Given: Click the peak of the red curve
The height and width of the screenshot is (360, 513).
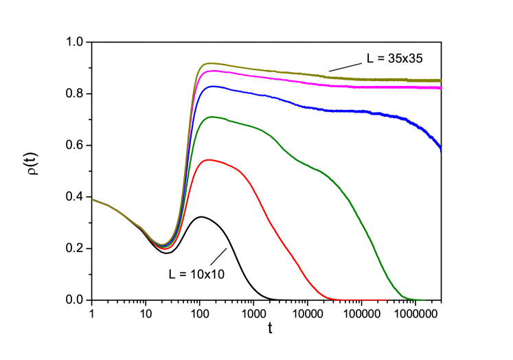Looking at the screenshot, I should (208, 160).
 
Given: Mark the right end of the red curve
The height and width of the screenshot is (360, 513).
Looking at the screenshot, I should (387, 300).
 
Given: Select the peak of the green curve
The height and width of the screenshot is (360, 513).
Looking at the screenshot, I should (212, 117).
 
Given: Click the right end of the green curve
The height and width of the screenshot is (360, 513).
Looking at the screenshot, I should (425, 300).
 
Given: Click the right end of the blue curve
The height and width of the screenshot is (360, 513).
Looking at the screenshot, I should (441, 150).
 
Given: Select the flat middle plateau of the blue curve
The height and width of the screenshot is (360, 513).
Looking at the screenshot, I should (343, 111).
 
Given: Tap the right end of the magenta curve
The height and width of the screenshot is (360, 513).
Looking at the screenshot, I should (440, 88).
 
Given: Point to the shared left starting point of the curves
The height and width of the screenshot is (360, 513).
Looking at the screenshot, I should (93, 200).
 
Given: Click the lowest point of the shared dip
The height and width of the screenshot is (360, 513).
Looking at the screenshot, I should (163, 246).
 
